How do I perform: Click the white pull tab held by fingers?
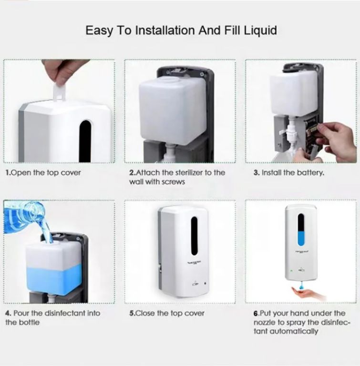pyautogui.click(x=59, y=92)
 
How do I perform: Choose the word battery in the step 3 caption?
pyautogui.click(x=310, y=173)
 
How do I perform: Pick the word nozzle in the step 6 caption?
pyautogui.click(x=265, y=322)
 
